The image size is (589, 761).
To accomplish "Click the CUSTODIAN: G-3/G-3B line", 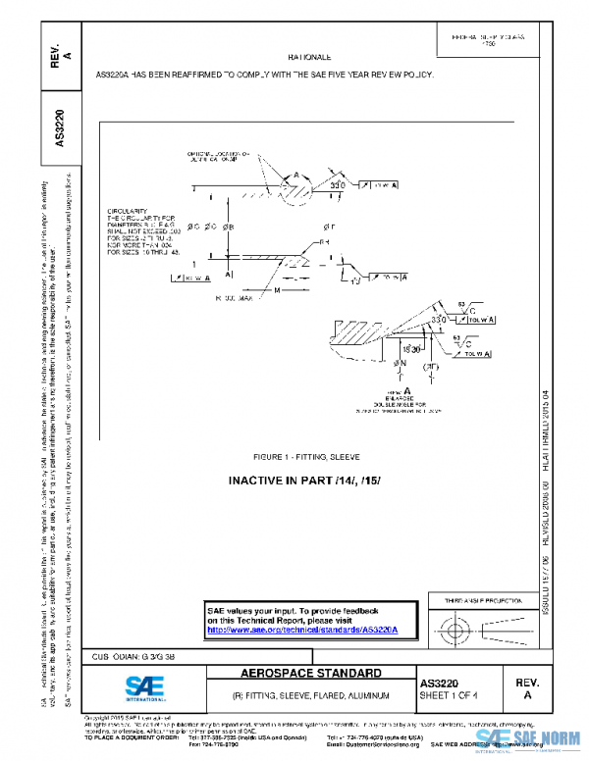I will [134, 656].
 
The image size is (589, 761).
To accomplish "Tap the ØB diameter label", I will [228, 227].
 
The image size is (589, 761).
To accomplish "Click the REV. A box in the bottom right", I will [526, 687].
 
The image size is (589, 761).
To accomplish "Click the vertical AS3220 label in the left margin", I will [60, 128].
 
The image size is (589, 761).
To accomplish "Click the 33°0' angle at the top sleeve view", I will [337, 184].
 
